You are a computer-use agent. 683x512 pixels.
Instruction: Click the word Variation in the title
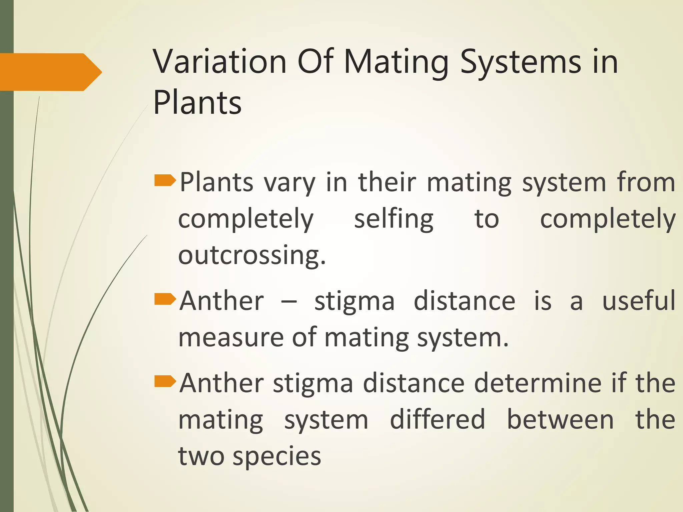pyautogui.click(x=220, y=62)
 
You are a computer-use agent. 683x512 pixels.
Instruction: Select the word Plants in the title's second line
pyautogui.click(x=197, y=103)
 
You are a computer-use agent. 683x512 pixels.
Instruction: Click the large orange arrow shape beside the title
pyautogui.click(x=50, y=72)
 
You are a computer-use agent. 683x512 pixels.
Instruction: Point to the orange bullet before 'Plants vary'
pyautogui.click(x=165, y=180)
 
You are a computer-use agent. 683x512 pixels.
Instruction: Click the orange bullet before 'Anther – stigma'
pyautogui.click(x=165, y=299)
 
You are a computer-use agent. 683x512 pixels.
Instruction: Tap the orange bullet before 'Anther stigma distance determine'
pyautogui.click(x=165, y=381)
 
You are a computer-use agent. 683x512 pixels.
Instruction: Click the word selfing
pyautogui.click(x=394, y=219)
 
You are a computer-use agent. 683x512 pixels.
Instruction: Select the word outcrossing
pyautogui.click(x=251, y=255)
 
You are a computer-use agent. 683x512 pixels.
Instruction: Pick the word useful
pyautogui.click(x=639, y=301)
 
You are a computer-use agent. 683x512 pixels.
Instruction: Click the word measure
pyautogui.click(x=231, y=337)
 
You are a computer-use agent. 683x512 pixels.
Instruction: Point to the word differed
pyautogui.click(x=437, y=419)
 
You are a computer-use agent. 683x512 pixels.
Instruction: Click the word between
pyautogui.click(x=560, y=419)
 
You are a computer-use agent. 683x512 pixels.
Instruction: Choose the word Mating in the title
pyautogui.click(x=396, y=62)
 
